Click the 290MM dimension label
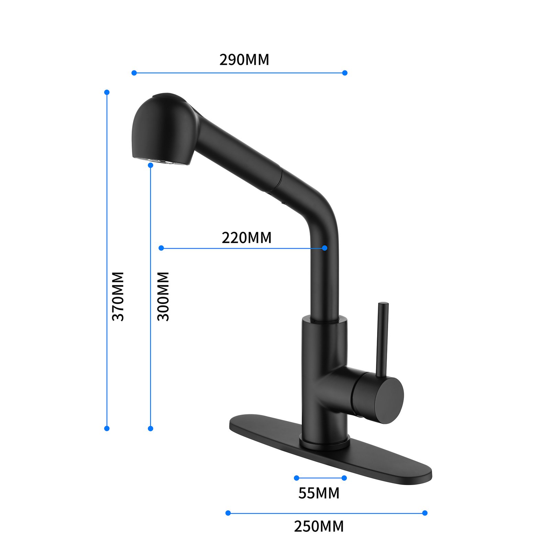pos(244,60)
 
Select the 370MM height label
pos(118,296)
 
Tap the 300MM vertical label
pos(163,296)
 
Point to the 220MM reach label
pos(246,238)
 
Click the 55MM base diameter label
pos(319,493)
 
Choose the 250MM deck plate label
pos(319,526)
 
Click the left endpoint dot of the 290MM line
pos(134,73)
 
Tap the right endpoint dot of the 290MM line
pos(345,73)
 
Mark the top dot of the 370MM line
pos(107,92)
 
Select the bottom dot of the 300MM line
pos(151,428)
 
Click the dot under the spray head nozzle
pos(151,165)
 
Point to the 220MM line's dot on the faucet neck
pos(324,248)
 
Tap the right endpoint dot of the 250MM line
pos(425,513)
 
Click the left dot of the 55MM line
pos(297,478)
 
